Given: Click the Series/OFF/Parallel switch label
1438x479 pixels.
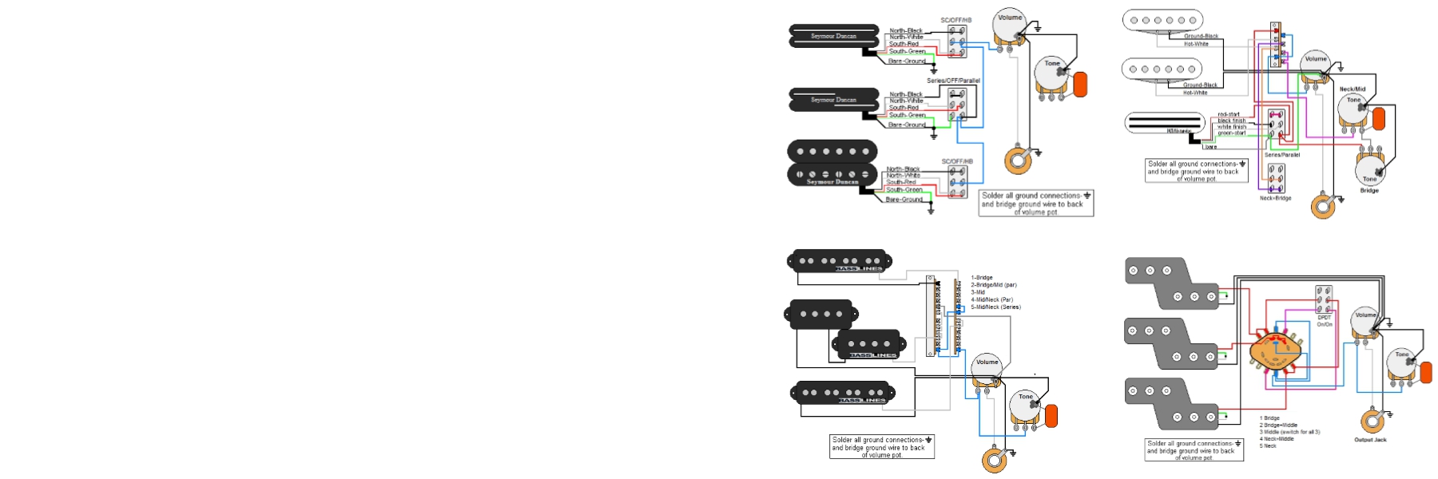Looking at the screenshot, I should click(953, 81).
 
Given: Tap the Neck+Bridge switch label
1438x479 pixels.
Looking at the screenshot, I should click(1276, 198).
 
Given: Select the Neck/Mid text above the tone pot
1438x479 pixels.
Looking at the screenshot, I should click(1353, 89).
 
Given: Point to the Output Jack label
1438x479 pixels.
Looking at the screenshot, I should click(1370, 440).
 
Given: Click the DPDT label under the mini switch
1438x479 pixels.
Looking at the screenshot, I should click(1325, 318).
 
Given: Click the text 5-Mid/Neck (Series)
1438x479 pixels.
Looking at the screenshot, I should click(995, 307).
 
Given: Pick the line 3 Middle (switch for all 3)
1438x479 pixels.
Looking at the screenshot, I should click(1289, 432).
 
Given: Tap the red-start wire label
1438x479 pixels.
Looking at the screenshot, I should click(1229, 115).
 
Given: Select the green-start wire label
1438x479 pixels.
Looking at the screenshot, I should click(1231, 133).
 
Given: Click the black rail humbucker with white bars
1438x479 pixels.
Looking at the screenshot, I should click(1164, 123).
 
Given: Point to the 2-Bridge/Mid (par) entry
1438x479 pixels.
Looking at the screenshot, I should click(994, 285).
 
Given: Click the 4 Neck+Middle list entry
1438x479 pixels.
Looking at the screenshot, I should click(1277, 439).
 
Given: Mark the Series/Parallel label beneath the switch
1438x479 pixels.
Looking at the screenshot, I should click(1282, 155).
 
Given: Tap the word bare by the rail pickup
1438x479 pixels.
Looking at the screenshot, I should click(1211, 147).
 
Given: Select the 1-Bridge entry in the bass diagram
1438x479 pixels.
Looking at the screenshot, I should click(982, 278).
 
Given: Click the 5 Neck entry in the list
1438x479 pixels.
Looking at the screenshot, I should click(1268, 446).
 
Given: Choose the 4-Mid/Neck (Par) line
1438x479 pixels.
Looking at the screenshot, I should click(991, 300).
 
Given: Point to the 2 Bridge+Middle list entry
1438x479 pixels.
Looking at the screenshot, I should click(1278, 426).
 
